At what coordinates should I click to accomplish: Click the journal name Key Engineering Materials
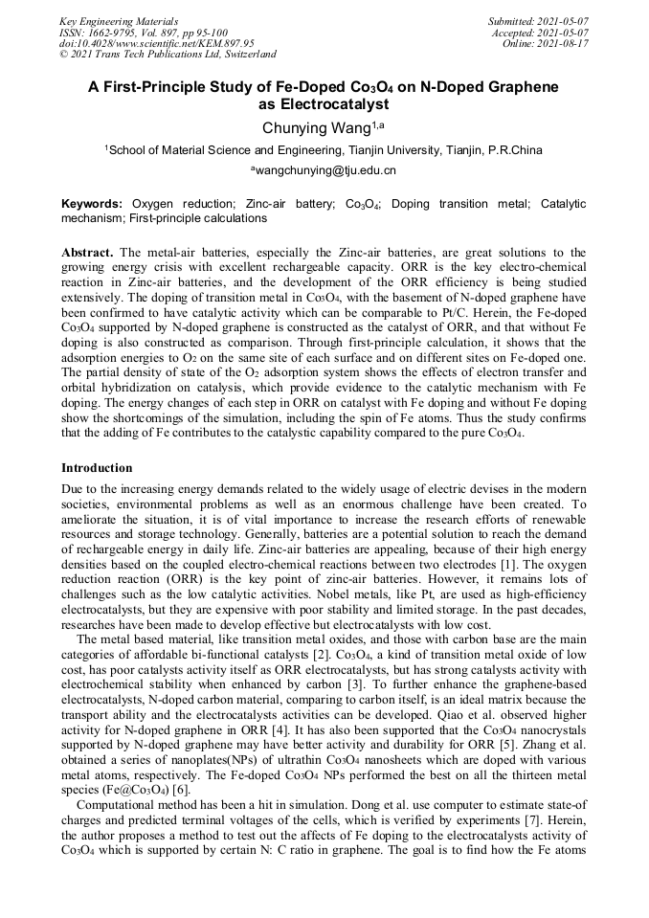(119, 20)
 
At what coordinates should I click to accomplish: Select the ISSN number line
(143, 32)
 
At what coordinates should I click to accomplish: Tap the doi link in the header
(157, 43)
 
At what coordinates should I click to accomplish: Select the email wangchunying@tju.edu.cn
(324, 170)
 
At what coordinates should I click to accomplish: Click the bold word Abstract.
(88, 252)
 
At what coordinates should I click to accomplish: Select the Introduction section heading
(97, 468)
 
